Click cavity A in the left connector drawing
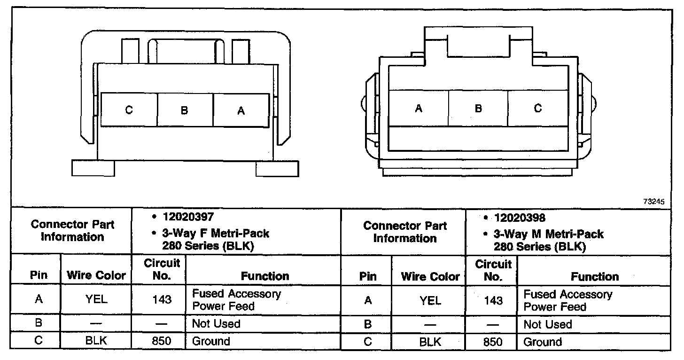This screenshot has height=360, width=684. [x=241, y=110]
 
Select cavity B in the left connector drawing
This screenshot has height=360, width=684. [x=185, y=110]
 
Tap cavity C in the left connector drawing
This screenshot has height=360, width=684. [x=129, y=110]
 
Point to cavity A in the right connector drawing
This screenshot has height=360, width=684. [x=419, y=109]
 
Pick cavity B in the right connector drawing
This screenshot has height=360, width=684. [x=478, y=109]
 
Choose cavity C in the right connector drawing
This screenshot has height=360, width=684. [x=538, y=109]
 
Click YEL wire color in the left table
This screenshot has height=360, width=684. [x=96, y=299]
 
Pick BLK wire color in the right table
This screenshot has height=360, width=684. [x=430, y=342]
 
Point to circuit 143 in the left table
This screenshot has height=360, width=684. [x=162, y=299]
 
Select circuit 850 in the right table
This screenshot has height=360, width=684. [x=493, y=342]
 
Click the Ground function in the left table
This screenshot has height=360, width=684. [x=211, y=341]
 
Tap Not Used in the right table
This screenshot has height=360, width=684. [x=547, y=324]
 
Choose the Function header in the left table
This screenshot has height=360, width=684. [x=265, y=276]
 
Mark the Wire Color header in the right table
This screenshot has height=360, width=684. [x=430, y=276]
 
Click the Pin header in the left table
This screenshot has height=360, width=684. [x=39, y=275]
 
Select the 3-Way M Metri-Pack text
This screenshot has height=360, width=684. [x=548, y=234]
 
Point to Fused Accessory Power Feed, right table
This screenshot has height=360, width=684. [x=567, y=300]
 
